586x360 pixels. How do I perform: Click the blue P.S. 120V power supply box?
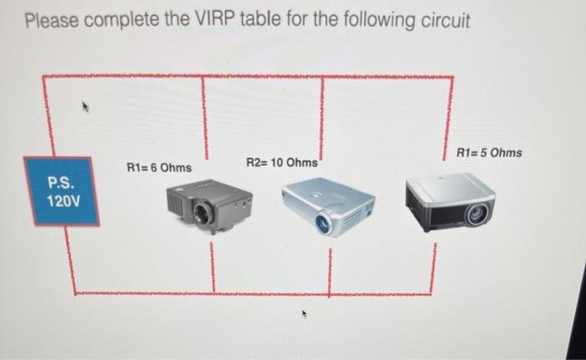(x=61, y=191)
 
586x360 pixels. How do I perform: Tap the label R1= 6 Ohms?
(x=159, y=168)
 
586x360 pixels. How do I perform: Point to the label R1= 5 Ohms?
(x=490, y=152)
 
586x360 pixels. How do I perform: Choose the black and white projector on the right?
(x=450, y=202)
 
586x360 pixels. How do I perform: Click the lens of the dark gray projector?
(x=202, y=214)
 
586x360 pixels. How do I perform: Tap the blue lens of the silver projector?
(x=322, y=222)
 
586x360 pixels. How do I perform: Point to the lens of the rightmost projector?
(x=475, y=214)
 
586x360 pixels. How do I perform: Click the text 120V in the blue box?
(x=61, y=202)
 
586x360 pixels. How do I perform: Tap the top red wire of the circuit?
(x=251, y=77)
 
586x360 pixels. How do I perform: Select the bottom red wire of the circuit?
(x=251, y=293)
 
